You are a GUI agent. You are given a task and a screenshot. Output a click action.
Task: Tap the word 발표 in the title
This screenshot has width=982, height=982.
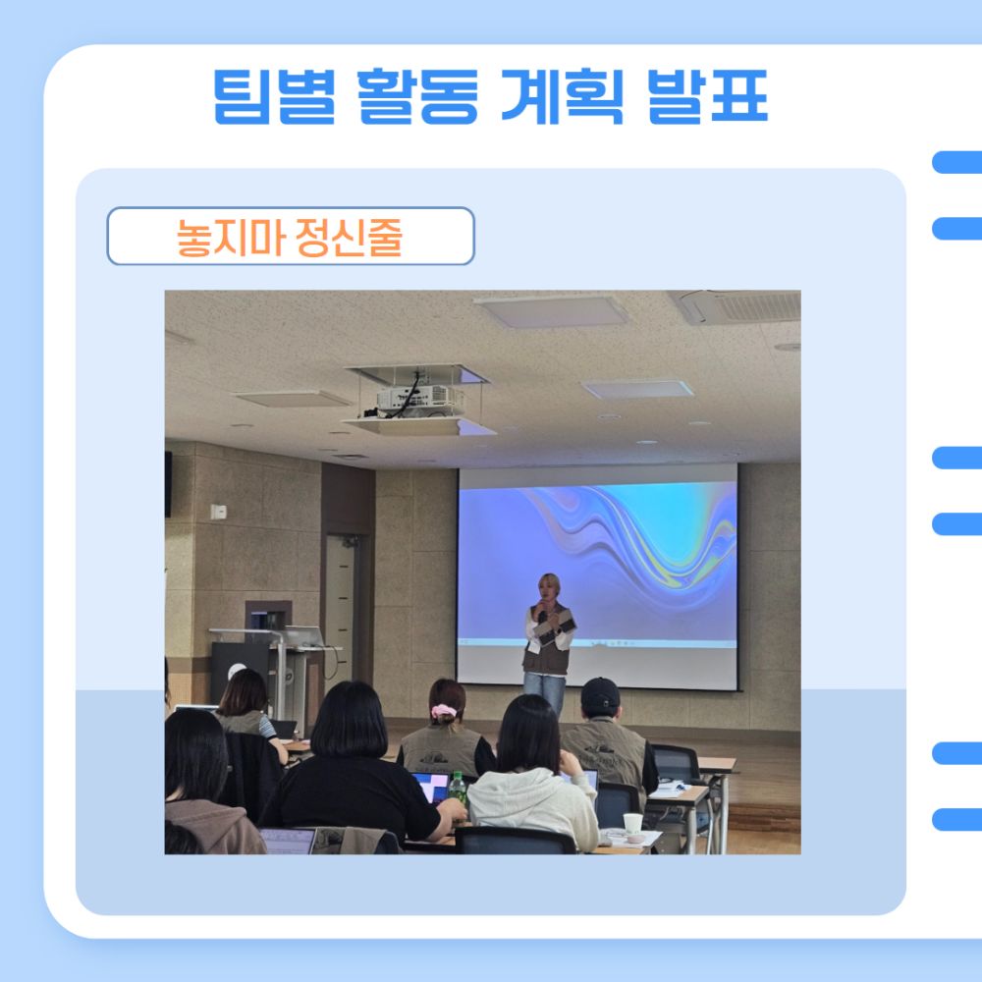[708, 96]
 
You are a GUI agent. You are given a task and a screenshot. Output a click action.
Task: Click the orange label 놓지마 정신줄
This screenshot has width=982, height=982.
[290, 237]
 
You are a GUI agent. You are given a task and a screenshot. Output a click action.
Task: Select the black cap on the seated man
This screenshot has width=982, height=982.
[600, 695]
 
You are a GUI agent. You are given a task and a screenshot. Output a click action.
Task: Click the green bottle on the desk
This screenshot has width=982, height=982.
[458, 789]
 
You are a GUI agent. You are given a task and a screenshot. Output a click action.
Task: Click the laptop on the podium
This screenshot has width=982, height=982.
[301, 636]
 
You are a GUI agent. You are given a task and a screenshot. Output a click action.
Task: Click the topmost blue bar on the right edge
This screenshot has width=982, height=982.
[956, 162]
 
